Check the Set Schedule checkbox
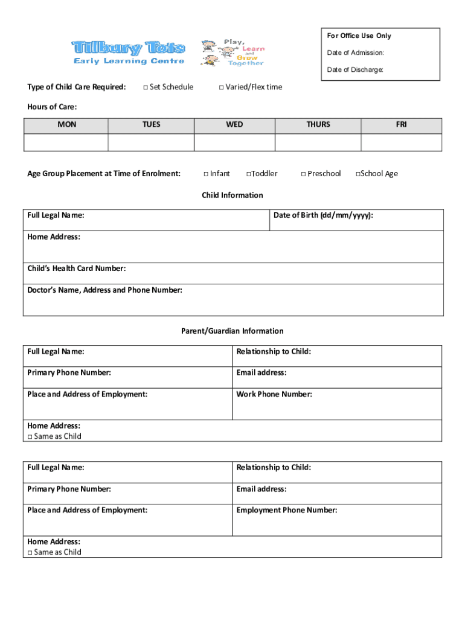pos(146,88)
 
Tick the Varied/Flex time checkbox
pos(221,88)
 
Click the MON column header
pos(66,125)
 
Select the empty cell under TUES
pos(151,142)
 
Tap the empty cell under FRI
pos(402,142)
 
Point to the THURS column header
pos(318,125)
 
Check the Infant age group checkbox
pos(206,174)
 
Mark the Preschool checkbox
pos(303,174)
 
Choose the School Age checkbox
pos(358,174)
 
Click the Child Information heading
pos(232,196)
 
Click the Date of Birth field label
pos(323,215)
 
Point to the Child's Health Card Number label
pos(77,269)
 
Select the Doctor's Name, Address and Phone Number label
pos(104,290)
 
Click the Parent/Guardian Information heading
pos(232,331)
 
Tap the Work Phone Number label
pos(274,395)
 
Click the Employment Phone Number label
pos(287,511)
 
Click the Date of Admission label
pos(355,53)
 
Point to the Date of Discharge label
pos(355,70)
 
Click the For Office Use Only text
pos(359,36)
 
